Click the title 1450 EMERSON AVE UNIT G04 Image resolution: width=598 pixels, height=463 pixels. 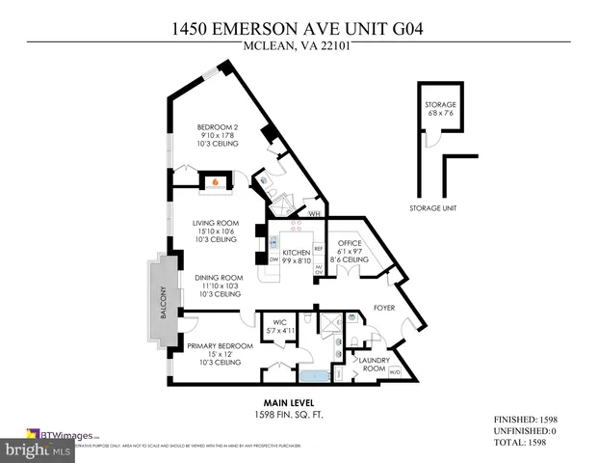coord(299,28)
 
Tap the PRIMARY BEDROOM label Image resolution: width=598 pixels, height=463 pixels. coord(220,346)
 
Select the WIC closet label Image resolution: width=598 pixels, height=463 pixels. coord(280,323)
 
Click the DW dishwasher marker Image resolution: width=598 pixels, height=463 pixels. coord(274,260)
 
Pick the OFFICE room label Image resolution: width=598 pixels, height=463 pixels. coord(348,244)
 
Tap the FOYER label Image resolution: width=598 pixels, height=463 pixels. coord(385,309)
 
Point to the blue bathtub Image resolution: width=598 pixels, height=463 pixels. coord(312,374)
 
